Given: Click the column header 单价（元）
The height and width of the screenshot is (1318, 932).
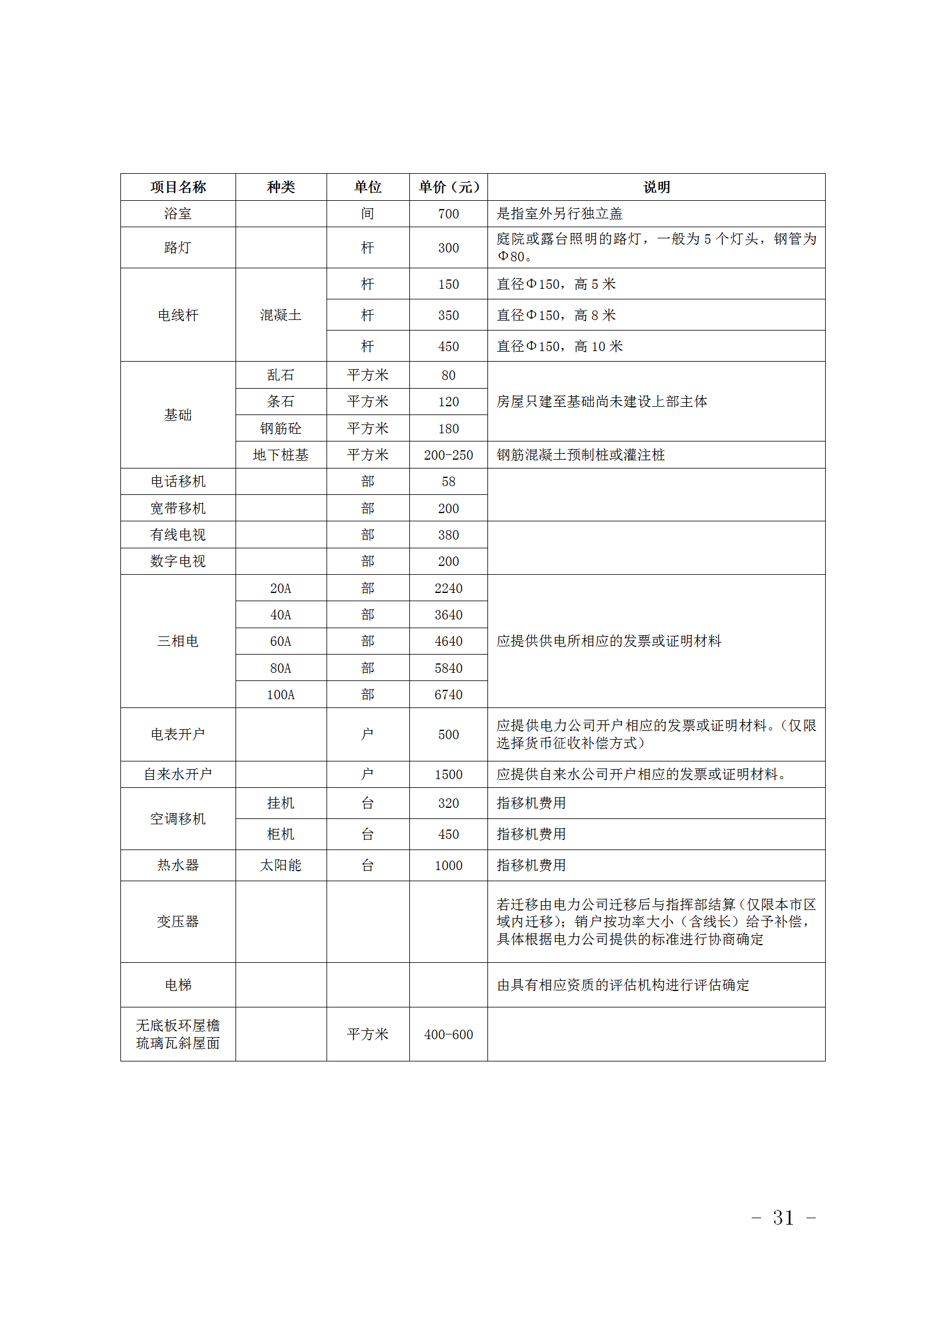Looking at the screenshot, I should pos(449,187).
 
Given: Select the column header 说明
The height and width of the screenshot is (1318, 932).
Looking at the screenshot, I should pos(656,187).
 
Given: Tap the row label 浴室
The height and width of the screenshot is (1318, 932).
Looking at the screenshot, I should pos(178,214).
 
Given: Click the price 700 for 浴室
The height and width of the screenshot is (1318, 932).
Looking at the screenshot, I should pos(449,214).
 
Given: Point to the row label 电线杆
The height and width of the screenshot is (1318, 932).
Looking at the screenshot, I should pos(178,315).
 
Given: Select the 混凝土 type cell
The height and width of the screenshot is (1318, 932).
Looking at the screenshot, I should pos(281,315).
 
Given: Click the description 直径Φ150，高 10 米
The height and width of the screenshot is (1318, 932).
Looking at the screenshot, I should pos(560,346).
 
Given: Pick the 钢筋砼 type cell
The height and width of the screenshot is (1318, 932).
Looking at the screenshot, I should pos(281,429).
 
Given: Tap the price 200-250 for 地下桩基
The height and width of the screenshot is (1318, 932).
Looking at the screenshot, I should pos(449,455).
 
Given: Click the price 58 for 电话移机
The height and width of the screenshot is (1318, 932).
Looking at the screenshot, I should pos(449,481).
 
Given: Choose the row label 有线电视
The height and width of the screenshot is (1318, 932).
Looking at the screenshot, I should pos(178,535).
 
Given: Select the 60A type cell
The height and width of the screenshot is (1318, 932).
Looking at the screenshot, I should pos(281,641).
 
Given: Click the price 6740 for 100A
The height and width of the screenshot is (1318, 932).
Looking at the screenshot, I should pos(449,695).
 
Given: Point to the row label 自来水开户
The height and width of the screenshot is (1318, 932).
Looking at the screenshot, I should pos(178,774).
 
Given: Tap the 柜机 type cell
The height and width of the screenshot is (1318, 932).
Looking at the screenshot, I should pos(281,834).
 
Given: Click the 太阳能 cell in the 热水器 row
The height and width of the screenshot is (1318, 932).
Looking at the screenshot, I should pos(281,865).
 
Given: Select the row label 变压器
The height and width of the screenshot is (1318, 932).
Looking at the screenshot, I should pos(178,921).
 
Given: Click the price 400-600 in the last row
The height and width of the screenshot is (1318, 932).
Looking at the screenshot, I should pos(449,1034).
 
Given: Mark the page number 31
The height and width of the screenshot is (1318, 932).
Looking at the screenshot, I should pos(783,1218).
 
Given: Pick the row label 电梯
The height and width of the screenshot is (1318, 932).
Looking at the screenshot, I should pos(178,985).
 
